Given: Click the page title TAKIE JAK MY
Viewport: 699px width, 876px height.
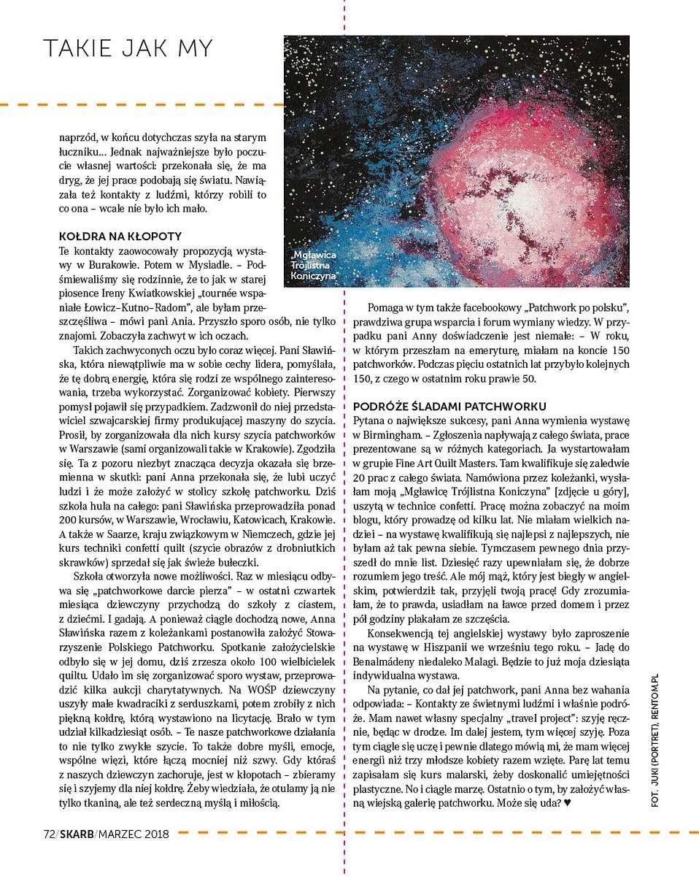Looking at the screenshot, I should (x=128, y=48).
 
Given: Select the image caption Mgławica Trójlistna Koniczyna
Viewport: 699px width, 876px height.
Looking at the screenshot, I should (x=313, y=266).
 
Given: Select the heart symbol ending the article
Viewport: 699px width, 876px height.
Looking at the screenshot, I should (x=568, y=804).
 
